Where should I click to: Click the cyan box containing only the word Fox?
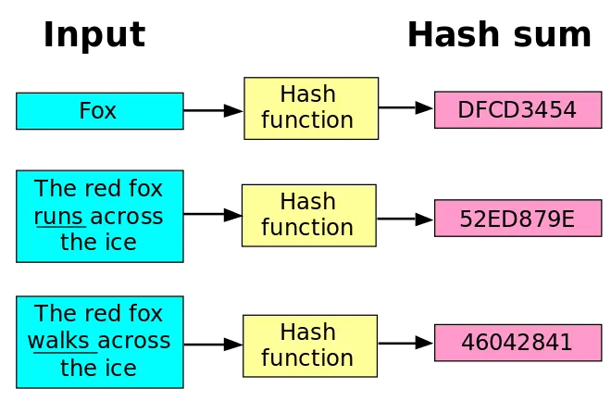(x=99, y=111)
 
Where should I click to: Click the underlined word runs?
(x=59, y=217)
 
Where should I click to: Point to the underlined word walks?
(x=61, y=341)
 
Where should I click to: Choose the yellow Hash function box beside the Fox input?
(x=311, y=107)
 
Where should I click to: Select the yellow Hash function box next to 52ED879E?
(x=308, y=215)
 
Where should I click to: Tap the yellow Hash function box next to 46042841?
(x=308, y=345)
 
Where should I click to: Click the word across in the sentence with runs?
(x=128, y=217)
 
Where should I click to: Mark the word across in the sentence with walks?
(x=135, y=341)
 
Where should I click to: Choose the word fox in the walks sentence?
(x=144, y=314)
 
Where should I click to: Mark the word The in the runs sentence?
(x=55, y=190)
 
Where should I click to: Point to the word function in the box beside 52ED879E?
(x=307, y=228)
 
